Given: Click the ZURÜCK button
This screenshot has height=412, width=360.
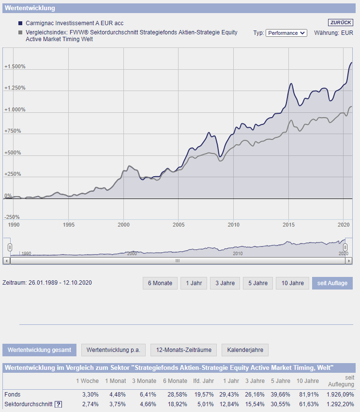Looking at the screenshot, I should (341, 23).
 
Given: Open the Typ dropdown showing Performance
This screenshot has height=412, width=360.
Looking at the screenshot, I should (286, 33).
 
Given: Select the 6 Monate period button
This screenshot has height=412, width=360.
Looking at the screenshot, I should (160, 283).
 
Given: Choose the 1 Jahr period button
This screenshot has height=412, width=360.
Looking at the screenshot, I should (194, 283).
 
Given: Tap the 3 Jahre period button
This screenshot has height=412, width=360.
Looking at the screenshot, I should (225, 283).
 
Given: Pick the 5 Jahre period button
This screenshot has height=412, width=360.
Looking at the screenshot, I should (258, 283).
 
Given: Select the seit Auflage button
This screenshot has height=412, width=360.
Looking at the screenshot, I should (332, 283).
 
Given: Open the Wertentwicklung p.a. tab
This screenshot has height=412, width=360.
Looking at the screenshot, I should (114, 350).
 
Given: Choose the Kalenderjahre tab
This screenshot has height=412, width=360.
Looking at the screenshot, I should (245, 350).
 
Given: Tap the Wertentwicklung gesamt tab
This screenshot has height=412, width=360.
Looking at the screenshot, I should (39, 350).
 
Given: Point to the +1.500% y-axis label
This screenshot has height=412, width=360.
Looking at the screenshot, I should (15, 67).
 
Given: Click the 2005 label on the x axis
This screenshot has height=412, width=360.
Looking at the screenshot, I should (179, 225).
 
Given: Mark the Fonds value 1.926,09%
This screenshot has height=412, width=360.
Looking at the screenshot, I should (341, 395).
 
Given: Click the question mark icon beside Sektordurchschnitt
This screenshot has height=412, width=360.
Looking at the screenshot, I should (59, 404).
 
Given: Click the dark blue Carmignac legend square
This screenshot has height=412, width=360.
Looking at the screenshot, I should (20, 23).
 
